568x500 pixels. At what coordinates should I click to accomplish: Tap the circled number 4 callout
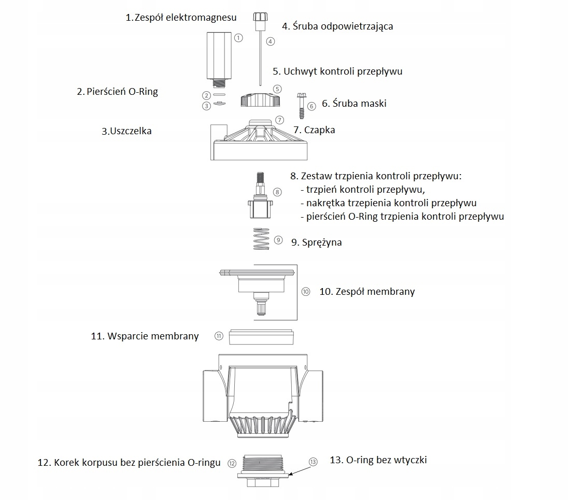(x=270, y=41)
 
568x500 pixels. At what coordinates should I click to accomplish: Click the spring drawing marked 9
(x=262, y=239)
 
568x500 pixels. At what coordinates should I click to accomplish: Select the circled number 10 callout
(x=305, y=292)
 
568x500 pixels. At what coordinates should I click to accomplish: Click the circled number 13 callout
(x=313, y=462)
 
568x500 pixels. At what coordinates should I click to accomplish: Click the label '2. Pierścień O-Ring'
(x=118, y=92)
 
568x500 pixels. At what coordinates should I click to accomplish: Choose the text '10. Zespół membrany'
(x=367, y=292)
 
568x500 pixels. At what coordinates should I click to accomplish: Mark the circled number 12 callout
(x=232, y=463)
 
